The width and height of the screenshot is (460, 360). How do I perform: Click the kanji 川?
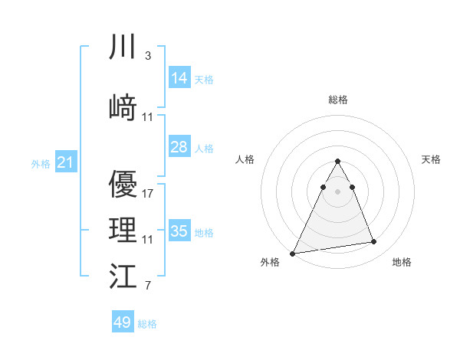tap(123, 48)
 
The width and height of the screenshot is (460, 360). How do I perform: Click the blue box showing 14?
tap(179, 78)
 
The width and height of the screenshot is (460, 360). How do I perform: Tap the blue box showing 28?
tap(179, 147)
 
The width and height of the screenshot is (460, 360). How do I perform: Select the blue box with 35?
tap(179, 231)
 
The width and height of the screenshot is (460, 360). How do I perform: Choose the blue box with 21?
tap(65, 162)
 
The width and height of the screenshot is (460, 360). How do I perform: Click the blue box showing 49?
tap(123, 322)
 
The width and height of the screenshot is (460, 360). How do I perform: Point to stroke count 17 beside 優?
tap(148, 193)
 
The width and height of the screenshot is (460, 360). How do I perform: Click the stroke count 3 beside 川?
tap(147, 56)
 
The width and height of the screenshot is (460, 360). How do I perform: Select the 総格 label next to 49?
tap(147, 324)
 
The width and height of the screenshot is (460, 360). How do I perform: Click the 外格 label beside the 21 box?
tap(40, 163)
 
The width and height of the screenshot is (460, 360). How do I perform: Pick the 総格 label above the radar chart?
tap(337, 100)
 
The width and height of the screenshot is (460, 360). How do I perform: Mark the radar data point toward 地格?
tap(373, 242)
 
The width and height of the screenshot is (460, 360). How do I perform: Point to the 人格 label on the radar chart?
tap(245, 159)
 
